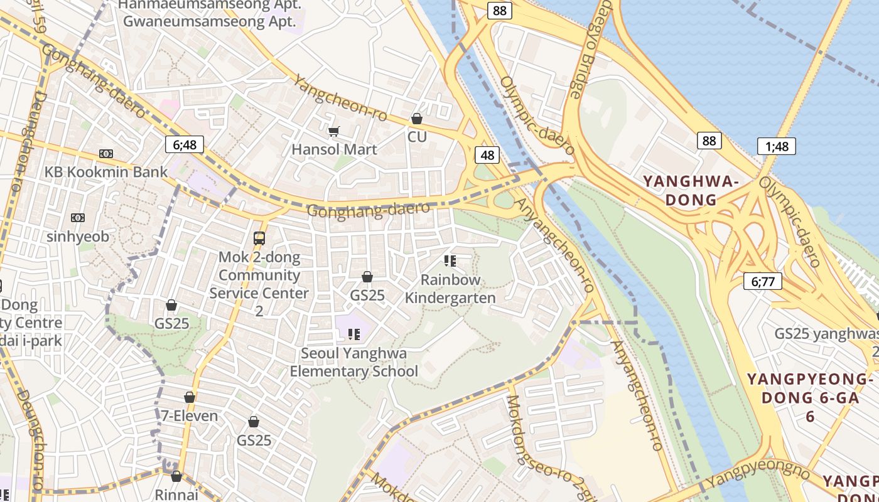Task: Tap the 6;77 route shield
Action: coord(762,281)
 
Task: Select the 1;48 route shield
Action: coord(777,146)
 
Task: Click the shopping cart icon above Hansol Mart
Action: coord(334,131)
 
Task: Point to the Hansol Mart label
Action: coord(334,149)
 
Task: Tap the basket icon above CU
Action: coord(416,119)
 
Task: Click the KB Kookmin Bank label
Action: coord(106,172)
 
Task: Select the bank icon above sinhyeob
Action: coord(78,218)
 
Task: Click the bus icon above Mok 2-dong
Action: coord(259,238)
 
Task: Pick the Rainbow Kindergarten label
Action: coord(450,289)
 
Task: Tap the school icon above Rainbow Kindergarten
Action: coord(450,260)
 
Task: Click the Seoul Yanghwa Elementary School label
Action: coord(353,362)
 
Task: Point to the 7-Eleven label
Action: coord(190,415)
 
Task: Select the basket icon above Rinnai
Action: coord(176,476)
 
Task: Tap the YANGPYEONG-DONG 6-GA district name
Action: coord(810,397)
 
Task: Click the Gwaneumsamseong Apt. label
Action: coord(209,21)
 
